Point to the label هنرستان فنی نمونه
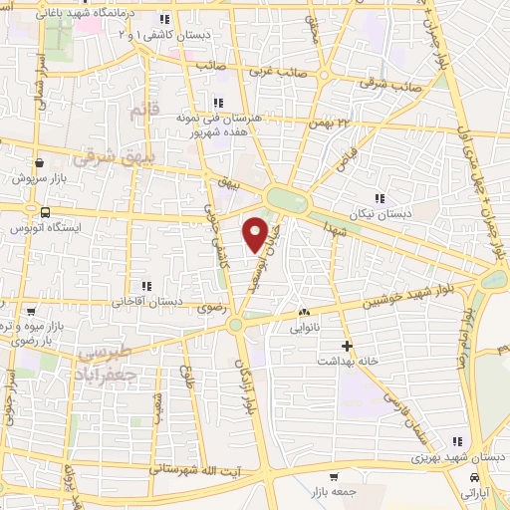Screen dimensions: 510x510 click(x=216, y=118)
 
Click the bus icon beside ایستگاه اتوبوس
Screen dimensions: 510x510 click(x=45, y=212)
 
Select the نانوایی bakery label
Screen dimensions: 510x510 click(x=304, y=326)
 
